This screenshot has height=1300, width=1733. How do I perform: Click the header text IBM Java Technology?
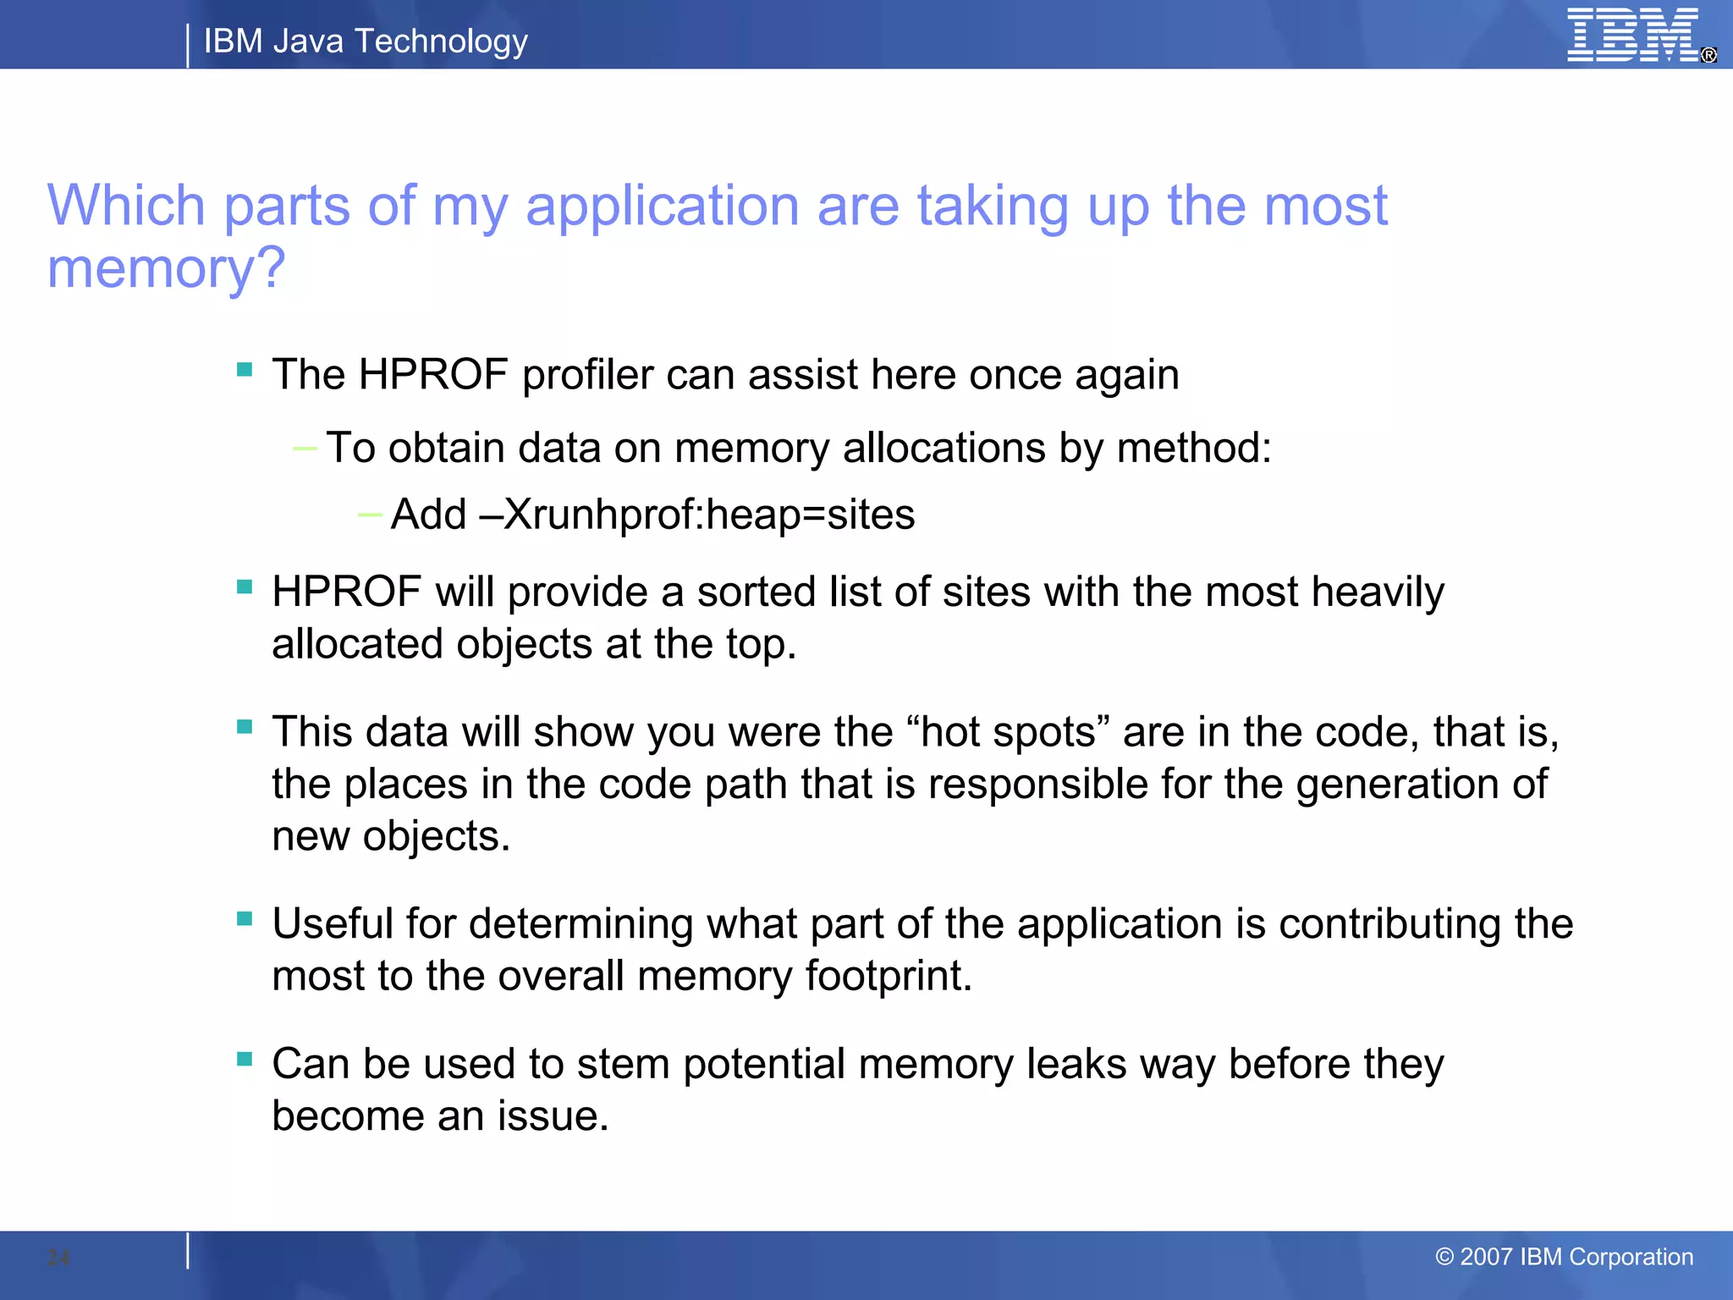coord(366,41)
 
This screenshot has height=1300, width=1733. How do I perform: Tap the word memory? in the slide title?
coord(166,268)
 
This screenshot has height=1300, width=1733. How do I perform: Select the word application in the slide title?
coord(662,206)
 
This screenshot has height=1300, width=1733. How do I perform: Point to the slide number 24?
coord(58,1258)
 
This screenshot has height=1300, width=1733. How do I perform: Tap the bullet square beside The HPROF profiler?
coord(245,370)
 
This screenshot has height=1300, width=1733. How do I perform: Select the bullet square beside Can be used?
coord(245,1059)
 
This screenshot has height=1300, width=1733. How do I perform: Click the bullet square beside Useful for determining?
coord(245,919)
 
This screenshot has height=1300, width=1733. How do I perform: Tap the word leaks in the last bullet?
coord(1076,1064)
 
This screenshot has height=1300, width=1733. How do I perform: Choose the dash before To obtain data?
coord(304,448)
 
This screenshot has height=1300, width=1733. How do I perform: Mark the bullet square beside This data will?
coord(245,727)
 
